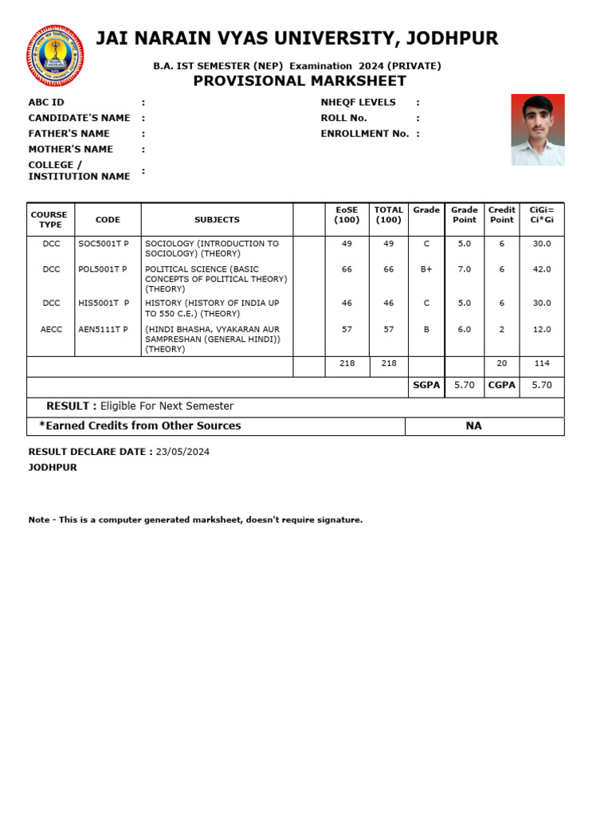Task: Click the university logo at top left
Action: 55,55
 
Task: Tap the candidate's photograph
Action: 538,130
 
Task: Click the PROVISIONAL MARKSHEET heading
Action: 300,81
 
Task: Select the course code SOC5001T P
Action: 104,244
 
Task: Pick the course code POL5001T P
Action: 104,269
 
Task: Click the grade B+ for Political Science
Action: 426,269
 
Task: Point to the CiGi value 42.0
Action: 542,269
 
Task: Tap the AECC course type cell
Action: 51,329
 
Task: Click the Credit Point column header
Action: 502,215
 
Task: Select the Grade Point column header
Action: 465,215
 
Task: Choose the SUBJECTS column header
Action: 217,220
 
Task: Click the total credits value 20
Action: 502,363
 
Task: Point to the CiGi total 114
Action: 542,363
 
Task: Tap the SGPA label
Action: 426,385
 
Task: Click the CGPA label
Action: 502,385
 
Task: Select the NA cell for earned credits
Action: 474,426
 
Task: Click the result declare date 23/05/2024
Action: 183,452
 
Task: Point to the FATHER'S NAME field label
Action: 69,134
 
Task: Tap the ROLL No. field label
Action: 343,118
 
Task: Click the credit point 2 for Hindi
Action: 502,329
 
